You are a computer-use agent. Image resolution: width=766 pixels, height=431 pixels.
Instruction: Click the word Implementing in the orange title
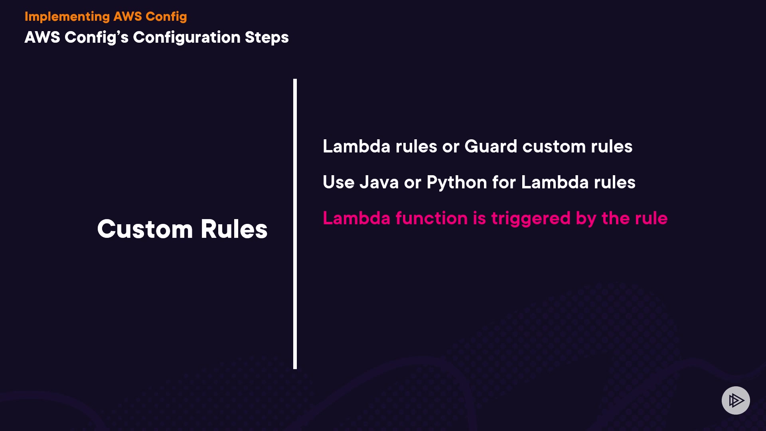[x=67, y=17]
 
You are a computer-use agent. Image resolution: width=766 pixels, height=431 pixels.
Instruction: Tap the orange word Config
[x=166, y=17]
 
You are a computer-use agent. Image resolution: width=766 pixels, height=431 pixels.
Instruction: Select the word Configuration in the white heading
[x=186, y=38]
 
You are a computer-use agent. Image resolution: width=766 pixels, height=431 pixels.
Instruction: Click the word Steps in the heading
[x=267, y=38]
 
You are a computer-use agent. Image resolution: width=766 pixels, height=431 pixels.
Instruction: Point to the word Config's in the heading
[x=97, y=38]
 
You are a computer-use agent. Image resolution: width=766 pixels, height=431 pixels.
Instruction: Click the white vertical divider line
[x=295, y=223]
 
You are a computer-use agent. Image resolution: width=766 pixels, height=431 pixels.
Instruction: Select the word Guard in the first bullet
[x=491, y=146]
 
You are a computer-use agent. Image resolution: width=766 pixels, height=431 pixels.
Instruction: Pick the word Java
[x=379, y=182]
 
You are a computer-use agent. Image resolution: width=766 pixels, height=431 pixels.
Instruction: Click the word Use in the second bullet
[x=338, y=182]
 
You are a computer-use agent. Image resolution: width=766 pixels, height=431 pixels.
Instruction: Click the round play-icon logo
[x=736, y=400]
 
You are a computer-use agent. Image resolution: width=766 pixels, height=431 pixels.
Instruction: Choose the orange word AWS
[x=128, y=17]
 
